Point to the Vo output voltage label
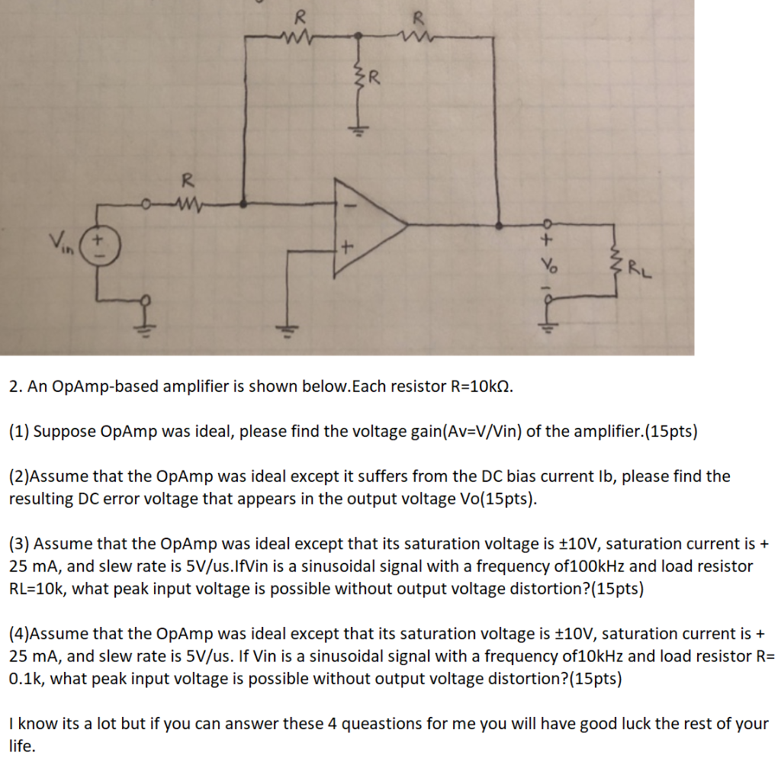[x=545, y=268]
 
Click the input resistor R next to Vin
[x=183, y=202]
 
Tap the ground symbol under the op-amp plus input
[x=288, y=328]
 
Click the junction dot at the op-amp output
[x=499, y=225]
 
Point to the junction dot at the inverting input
[x=243, y=204]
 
